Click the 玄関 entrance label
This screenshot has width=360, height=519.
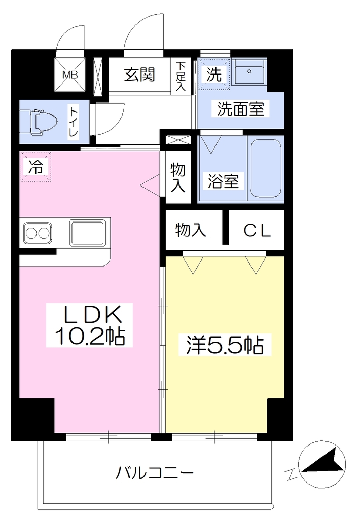[139, 75]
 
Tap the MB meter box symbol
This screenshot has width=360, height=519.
[70, 75]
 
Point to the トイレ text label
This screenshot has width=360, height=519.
[73, 122]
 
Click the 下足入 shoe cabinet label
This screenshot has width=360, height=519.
[181, 76]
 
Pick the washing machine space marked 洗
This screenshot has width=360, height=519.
[213, 74]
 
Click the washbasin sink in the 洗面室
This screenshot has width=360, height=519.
[249, 72]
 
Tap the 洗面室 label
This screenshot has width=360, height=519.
[240, 108]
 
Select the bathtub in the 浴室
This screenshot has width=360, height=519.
[266, 168]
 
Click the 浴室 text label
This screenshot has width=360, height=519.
[223, 181]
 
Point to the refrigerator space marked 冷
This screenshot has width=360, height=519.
[36, 166]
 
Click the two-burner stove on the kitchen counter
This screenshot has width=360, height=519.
[38, 233]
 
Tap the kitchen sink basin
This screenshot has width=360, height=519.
[87, 233]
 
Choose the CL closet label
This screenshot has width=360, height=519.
[258, 231]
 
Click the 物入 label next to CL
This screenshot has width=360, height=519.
[191, 230]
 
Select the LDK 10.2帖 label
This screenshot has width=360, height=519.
[89, 325]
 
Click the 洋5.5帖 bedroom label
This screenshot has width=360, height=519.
[225, 345]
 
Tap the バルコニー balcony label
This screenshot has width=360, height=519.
[154, 473]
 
